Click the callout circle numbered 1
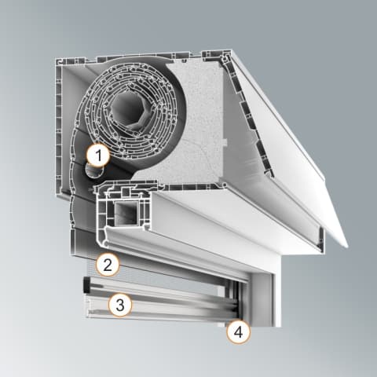pyautogui.click(x=98, y=156)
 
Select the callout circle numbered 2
pyautogui.click(x=108, y=265)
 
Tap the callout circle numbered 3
pyautogui.click(x=120, y=305)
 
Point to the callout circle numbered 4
pyautogui.click(x=238, y=332)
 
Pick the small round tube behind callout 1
pyautogui.click(x=94, y=170)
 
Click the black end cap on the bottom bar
pyautogui.click(x=86, y=284)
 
